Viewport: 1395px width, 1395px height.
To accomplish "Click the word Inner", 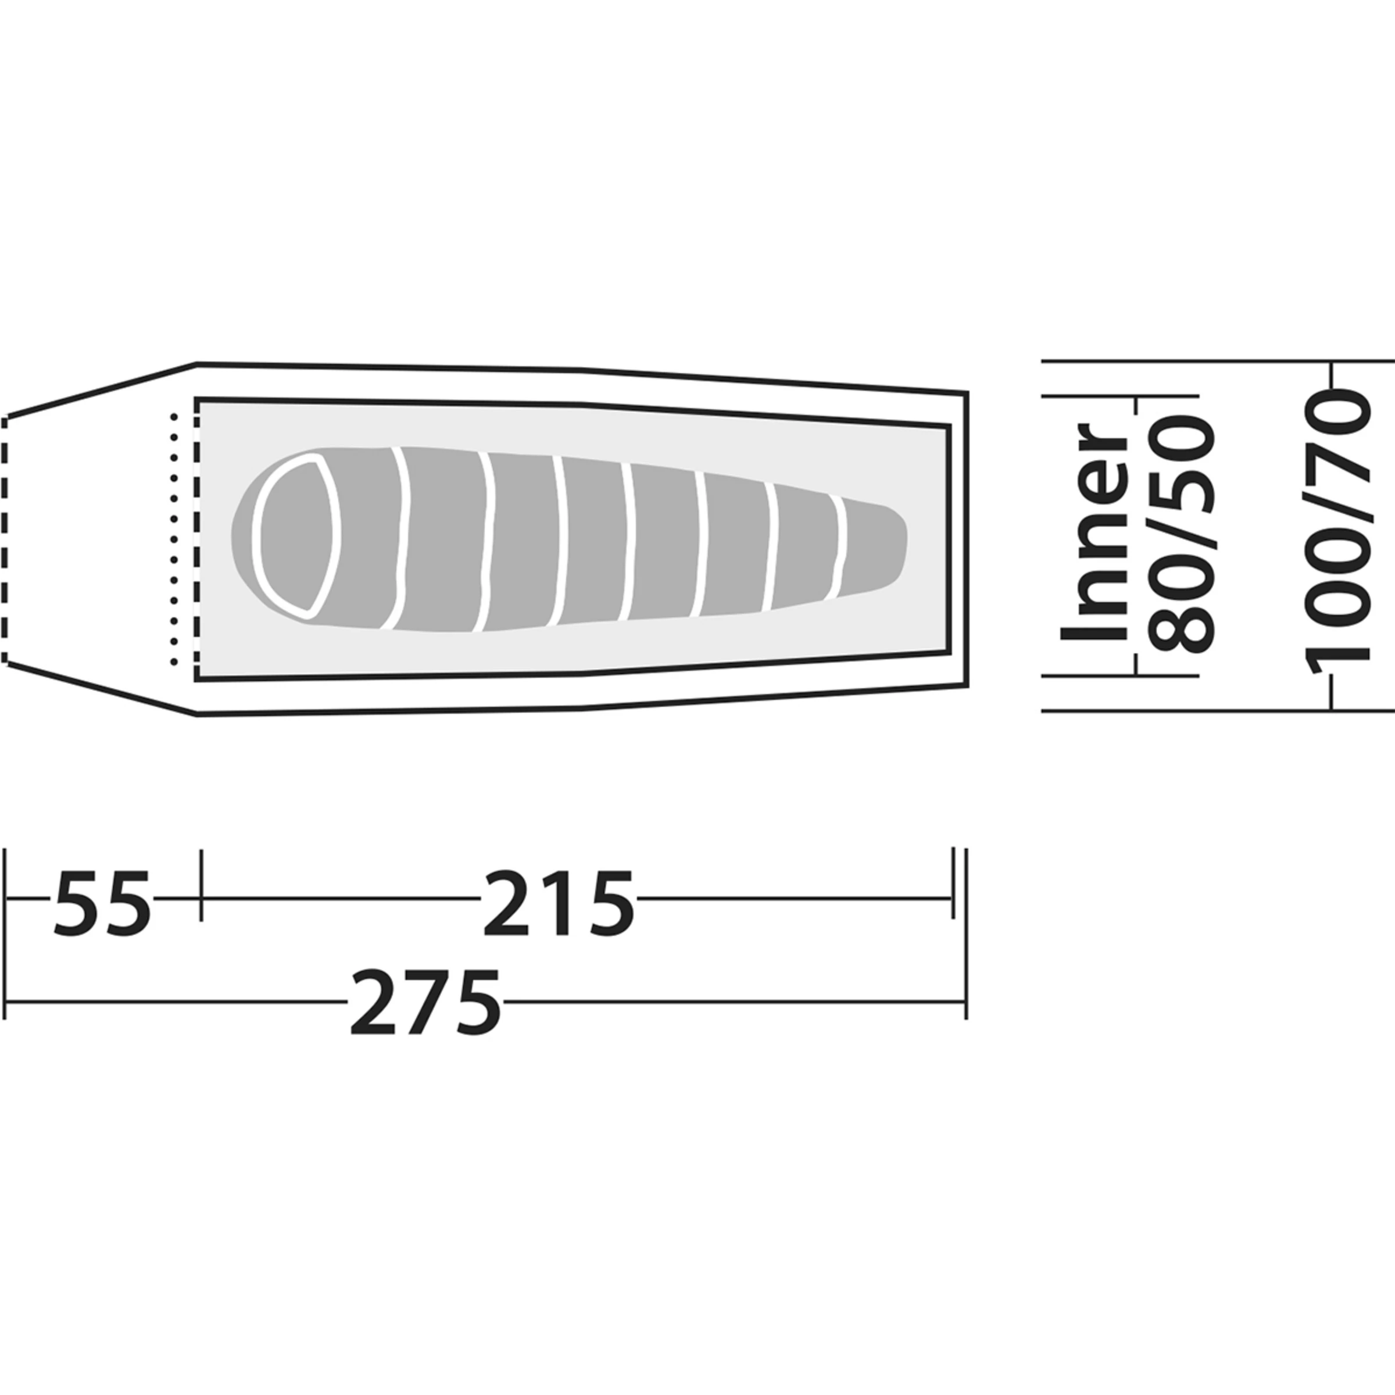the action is pyautogui.click(x=1093, y=532).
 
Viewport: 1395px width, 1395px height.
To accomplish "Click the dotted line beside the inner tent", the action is pyautogui.click(x=173, y=539).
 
